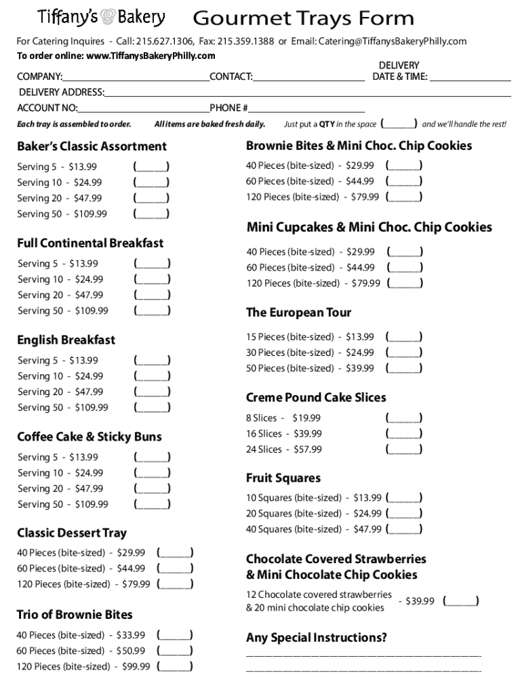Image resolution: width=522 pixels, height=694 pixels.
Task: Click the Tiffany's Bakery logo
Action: pyautogui.click(x=100, y=17)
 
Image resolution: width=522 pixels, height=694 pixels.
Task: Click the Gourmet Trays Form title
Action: pyautogui.click(x=303, y=18)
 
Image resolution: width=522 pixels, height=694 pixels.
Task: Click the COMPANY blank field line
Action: pyautogui.click(x=136, y=77)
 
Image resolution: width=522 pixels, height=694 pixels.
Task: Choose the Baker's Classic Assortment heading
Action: pyautogui.click(x=92, y=146)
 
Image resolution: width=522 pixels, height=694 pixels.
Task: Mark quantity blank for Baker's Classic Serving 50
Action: pyautogui.click(x=151, y=214)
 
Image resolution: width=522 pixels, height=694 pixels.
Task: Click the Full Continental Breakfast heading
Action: pyautogui.click(x=90, y=243)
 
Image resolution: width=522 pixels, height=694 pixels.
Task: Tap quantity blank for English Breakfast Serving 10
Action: pyautogui.click(x=152, y=376)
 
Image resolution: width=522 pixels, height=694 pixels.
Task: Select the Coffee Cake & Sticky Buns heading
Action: pyautogui.click(x=89, y=436)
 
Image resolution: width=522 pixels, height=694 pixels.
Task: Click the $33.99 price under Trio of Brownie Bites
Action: pyautogui.click(x=131, y=635)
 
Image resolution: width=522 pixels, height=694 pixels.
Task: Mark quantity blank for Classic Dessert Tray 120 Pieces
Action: pyautogui.click(x=175, y=584)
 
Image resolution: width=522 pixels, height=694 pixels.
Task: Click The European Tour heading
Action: pyautogui.click(x=298, y=312)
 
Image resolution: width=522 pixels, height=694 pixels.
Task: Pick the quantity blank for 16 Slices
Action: pyautogui.click(x=404, y=434)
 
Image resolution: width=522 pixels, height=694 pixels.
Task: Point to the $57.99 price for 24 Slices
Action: pyautogui.click(x=308, y=449)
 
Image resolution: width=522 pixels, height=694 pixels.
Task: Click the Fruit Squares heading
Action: pyautogui.click(x=283, y=478)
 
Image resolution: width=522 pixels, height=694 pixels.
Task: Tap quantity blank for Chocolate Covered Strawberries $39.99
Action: pyautogui.click(x=461, y=601)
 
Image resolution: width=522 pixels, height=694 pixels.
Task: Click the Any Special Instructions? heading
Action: pyautogui.click(x=317, y=638)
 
